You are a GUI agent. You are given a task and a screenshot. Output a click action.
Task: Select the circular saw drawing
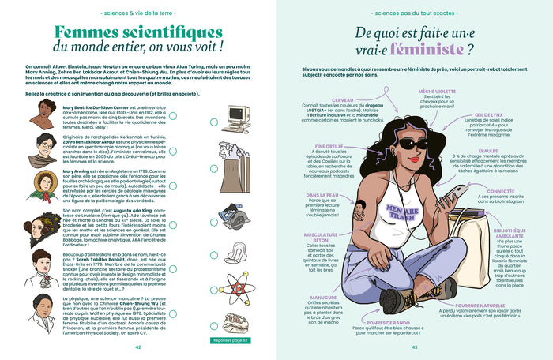coord(236,219)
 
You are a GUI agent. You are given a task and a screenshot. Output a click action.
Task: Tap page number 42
coord(138,347)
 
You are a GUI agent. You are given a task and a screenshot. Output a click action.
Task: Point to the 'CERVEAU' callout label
coord(342,100)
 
